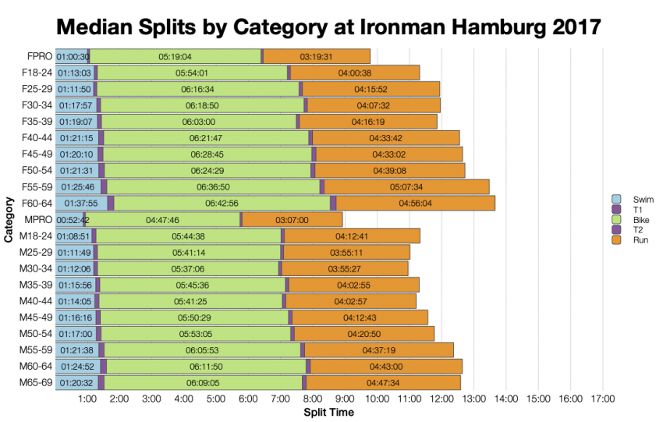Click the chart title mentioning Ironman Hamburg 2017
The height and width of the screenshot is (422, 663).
click(328, 27)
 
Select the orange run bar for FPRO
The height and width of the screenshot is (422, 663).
click(317, 56)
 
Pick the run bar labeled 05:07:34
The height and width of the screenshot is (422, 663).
click(406, 186)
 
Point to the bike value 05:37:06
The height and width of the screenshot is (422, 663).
click(187, 268)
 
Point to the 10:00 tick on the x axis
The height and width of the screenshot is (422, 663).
click(378, 399)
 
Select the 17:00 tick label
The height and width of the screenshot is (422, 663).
click(602, 399)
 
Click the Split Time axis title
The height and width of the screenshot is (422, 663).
click(328, 412)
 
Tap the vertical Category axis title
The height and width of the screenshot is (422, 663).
click(9, 220)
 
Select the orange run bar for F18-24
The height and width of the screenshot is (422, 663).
click(355, 73)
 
